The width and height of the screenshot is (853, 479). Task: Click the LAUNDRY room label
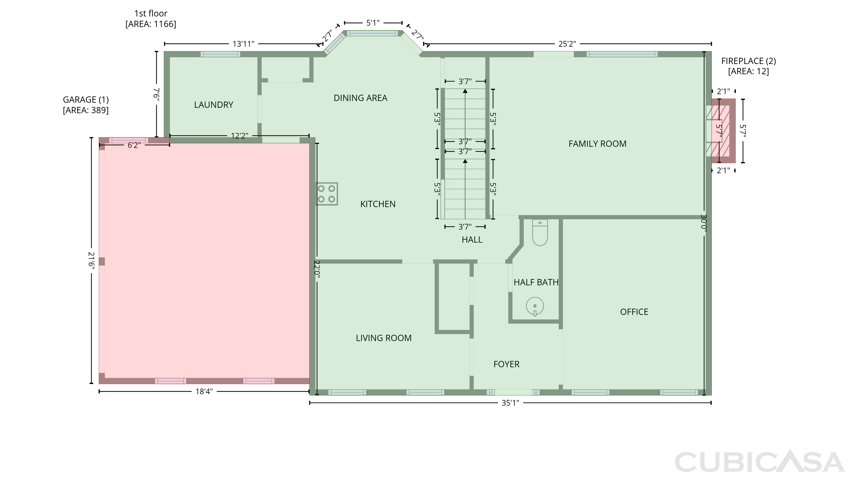click(214, 105)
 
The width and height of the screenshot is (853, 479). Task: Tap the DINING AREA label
click(360, 98)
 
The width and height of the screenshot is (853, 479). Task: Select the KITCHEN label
click(378, 204)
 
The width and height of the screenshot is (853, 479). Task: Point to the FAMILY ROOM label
click(597, 144)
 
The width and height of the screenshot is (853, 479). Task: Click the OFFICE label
click(634, 312)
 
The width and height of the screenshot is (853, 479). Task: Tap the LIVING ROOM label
click(384, 338)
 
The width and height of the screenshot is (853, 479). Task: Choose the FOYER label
click(506, 364)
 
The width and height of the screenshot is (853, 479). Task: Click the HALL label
click(472, 239)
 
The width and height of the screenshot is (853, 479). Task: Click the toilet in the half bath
click(540, 232)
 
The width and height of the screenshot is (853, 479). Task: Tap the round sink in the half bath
click(535, 306)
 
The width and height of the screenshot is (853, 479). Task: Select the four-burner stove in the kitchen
click(326, 194)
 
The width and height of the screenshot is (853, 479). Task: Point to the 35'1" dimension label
click(510, 403)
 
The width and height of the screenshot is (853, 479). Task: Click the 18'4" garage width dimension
click(204, 392)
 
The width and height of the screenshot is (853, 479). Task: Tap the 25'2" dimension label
click(567, 44)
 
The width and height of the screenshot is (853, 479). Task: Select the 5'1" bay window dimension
click(373, 23)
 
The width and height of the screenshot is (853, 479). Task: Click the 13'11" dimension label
click(243, 44)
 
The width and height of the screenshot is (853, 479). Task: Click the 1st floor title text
click(151, 14)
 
